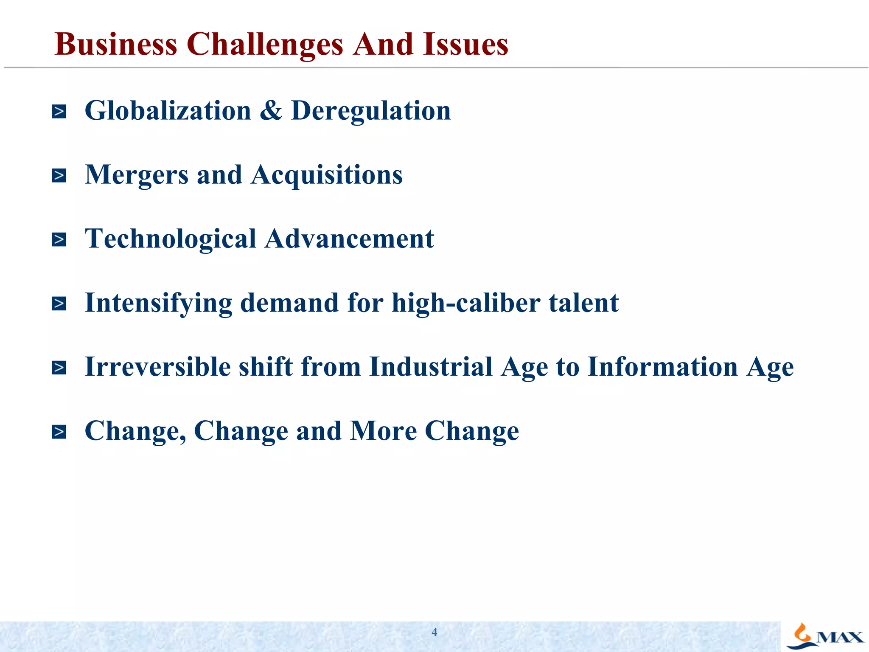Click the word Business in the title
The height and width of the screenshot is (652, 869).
coord(116,44)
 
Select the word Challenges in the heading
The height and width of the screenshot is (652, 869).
coord(265,45)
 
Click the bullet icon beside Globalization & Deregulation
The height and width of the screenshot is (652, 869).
coord(59,112)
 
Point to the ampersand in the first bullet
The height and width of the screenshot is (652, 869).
coord(271,110)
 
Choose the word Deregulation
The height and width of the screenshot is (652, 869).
coord(371,111)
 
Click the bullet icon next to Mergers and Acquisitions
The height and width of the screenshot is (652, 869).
coord(59,175)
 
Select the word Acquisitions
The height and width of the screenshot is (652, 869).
coord(327,175)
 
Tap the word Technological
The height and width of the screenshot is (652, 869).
coord(171,239)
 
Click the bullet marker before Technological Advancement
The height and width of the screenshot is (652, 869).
coord(59,239)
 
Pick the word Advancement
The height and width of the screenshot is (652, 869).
coord(350,239)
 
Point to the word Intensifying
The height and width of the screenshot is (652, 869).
coord(158,304)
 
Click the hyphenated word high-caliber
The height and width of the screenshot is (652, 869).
coord(466,303)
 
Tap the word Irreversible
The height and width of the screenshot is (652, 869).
coord(157,367)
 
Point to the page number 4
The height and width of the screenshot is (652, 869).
coord(434,632)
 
